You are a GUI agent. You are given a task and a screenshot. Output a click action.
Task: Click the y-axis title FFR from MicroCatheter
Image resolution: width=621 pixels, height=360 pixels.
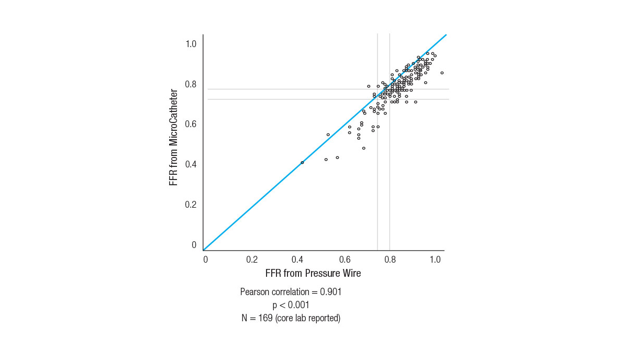[174, 138]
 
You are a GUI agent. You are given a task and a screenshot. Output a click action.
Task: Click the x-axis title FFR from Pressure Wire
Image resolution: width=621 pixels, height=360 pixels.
[313, 273]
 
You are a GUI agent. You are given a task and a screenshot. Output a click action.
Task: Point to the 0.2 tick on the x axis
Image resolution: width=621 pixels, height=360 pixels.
[252, 260]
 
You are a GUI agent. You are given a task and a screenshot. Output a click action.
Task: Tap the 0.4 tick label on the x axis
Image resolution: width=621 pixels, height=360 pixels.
[298, 260]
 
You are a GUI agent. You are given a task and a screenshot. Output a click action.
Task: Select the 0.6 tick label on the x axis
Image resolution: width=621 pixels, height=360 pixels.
[345, 260]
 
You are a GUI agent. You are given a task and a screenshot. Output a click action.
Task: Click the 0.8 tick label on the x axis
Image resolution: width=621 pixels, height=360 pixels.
[390, 260]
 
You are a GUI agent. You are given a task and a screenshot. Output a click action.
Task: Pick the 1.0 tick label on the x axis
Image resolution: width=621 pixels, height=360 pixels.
[435, 260]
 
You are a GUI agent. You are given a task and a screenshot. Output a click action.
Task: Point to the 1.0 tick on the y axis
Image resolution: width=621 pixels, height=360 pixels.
[191, 44]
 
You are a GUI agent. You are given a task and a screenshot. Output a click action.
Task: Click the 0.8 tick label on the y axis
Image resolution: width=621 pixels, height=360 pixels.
[191, 84]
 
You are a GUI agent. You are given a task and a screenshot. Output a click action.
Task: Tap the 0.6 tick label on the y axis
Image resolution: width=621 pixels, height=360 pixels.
[191, 125]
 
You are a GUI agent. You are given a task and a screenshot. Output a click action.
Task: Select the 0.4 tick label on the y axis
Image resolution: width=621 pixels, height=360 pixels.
[191, 164]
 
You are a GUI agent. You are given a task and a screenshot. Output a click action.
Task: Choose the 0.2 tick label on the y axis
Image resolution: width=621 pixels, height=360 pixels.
[191, 205]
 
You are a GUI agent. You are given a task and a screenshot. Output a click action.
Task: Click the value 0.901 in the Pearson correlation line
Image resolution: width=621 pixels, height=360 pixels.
[330, 292]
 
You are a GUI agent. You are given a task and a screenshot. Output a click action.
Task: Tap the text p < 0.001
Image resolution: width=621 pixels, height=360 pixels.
[291, 305]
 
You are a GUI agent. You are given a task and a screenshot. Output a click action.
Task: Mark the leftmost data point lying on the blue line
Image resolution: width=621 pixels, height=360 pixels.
[302, 163]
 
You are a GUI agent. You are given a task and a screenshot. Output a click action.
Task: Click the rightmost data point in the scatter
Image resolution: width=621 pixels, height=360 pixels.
[442, 73]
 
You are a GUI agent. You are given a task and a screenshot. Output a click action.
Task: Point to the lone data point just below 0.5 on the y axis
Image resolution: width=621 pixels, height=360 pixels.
[363, 148]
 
